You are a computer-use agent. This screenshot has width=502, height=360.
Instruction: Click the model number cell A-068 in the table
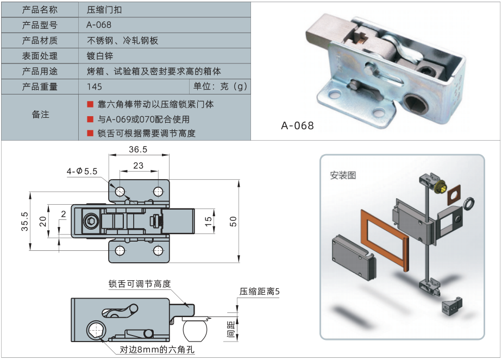coord(99,25)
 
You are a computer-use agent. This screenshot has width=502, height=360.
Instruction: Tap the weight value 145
coord(94,86)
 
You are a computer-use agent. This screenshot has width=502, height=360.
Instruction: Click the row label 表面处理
coord(40,56)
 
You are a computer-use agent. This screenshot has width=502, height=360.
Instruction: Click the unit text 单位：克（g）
coord(220,86)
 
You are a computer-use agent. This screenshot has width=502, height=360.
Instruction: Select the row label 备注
coord(40,115)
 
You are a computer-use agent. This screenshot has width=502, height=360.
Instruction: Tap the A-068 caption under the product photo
coord(297,126)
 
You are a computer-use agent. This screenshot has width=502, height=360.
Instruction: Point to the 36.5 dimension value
coord(138,149)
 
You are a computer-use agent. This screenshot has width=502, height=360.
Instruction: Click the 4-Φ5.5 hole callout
coord(81,171)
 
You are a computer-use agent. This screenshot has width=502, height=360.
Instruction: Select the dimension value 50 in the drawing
coord(233,221)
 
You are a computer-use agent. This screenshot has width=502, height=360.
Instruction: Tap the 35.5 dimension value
coord(24,221)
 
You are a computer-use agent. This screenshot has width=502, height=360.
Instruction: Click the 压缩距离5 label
coord(259,292)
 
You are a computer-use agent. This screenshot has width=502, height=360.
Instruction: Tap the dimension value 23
coord(138,166)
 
